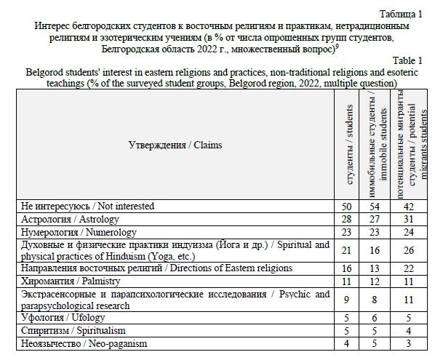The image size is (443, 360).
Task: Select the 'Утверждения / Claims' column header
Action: pyautogui.click(x=176, y=145)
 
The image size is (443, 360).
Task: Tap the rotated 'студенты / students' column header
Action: pyautogui.click(x=348, y=145)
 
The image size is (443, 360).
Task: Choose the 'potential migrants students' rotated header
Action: pyautogui.click(x=412, y=145)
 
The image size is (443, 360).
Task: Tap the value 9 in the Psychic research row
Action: pyautogui.click(x=348, y=300)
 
